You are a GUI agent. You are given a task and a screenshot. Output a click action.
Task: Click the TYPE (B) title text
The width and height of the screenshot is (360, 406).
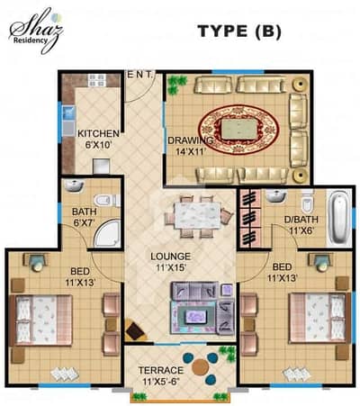coord(239,32)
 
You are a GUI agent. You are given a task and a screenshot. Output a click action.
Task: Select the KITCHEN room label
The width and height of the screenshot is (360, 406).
coord(98,133)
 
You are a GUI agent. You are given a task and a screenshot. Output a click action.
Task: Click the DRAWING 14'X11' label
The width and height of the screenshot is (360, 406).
coord(190,146)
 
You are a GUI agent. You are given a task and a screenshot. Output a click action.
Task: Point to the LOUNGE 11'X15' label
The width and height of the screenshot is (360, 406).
coord(171,262)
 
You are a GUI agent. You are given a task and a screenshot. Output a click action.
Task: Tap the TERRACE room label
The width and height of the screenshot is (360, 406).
coord(160,370)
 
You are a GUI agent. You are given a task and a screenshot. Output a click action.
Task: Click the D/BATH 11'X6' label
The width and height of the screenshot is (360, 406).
coord(301,225)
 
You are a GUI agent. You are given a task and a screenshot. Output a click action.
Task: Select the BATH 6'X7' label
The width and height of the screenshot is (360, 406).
coord(85,217)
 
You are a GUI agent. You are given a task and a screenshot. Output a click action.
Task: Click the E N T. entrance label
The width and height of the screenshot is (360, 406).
coord(140,75)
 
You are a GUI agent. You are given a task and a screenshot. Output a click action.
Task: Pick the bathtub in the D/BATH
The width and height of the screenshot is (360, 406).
coord(339,217)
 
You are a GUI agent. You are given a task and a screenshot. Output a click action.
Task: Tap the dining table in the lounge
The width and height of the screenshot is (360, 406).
coord(197,216)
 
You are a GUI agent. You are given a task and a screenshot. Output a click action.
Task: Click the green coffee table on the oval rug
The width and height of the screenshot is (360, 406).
coord(239,130)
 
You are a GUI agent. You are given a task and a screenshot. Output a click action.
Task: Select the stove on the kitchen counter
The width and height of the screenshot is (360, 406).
coord(97,80)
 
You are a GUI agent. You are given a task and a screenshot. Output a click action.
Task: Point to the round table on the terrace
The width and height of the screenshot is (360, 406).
coord(200,367)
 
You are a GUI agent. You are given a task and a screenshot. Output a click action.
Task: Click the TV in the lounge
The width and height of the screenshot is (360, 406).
coord(195,316)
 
